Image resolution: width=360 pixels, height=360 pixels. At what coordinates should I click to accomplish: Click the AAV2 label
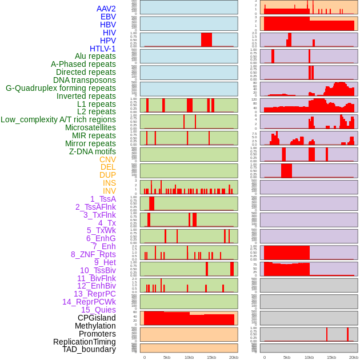click(106, 9)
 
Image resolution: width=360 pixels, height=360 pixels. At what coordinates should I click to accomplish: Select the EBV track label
click(108, 17)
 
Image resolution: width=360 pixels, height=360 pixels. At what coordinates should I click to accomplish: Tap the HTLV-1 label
click(102, 49)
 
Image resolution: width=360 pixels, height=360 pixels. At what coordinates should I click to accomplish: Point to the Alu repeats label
click(95, 56)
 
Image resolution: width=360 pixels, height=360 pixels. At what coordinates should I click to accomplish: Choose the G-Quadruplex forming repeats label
click(61, 88)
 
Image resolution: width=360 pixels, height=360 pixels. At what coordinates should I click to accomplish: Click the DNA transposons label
click(85, 80)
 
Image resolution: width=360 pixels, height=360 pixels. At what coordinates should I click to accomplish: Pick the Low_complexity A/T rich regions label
click(58, 119)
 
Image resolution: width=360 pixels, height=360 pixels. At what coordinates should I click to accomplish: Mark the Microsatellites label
click(90, 127)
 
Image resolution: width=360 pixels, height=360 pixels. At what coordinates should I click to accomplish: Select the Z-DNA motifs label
click(93, 151)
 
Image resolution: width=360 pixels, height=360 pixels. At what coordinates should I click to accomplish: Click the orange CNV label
click(107, 159)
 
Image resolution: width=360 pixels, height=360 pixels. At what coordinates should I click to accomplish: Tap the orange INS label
click(109, 183)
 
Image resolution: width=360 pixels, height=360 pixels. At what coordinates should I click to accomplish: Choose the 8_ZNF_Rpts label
click(93, 254)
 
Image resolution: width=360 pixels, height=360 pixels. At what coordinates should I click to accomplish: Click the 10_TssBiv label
click(98, 270)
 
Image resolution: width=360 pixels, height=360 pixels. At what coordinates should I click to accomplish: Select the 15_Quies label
click(98, 310)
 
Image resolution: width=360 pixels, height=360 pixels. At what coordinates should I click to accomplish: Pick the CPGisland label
click(97, 318)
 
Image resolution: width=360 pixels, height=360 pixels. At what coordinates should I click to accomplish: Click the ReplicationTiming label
click(85, 342)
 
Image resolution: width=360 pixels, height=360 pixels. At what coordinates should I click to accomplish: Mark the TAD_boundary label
click(89, 349)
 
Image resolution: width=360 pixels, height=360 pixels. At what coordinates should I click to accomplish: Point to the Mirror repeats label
click(90, 143)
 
